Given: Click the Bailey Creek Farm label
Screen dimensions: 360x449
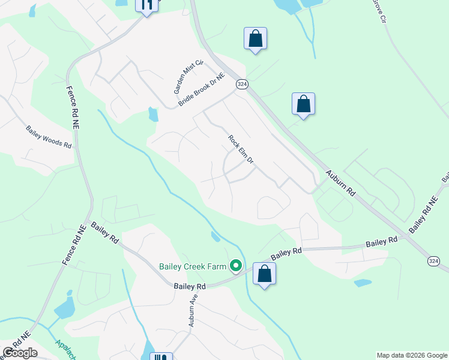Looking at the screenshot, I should click(x=194, y=266).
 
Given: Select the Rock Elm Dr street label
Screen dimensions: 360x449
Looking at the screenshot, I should click(x=241, y=149).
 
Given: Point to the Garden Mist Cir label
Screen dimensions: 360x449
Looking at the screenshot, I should click(x=181, y=79).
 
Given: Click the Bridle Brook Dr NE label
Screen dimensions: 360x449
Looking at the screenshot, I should click(x=201, y=91).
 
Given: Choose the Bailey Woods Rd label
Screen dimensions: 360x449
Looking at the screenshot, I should click(x=49, y=137).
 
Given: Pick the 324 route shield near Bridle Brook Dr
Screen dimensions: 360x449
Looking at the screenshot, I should click(x=241, y=85).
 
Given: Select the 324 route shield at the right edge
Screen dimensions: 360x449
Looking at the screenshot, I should click(x=433, y=261).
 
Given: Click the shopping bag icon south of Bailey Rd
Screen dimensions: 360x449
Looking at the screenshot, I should click(x=264, y=274).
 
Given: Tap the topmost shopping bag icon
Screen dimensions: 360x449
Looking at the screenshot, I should click(x=256, y=38).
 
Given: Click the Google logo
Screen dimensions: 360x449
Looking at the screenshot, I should click(x=20, y=353).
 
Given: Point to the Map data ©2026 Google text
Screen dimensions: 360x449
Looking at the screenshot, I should click(x=412, y=355).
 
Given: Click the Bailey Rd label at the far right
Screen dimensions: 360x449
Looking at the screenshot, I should click(x=382, y=241).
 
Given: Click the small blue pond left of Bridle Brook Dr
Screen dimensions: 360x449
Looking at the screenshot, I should click(x=153, y=114).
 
